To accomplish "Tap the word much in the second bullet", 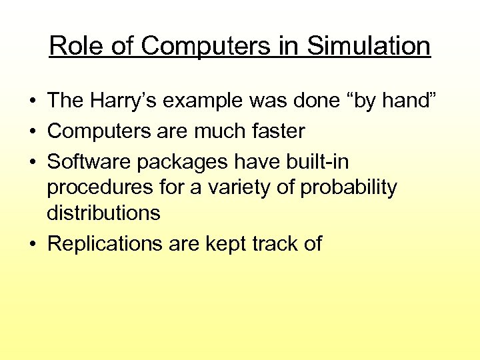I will click(217, 131).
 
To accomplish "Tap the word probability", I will click(349, 187).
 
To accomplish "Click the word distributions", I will click(103, 213).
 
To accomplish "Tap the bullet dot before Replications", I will click(32, 244).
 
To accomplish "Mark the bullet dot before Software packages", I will click(32, 162).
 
